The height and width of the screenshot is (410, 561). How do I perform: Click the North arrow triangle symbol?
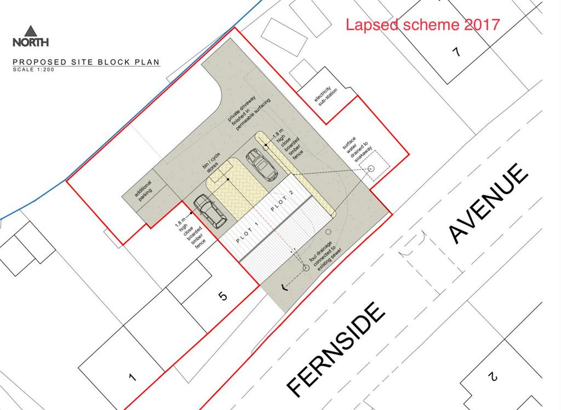(31, 31)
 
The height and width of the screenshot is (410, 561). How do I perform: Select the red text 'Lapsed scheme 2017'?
(422, 25)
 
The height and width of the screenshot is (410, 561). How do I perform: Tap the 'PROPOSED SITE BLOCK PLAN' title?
(86, 62)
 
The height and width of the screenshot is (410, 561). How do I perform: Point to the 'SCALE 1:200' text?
(33, 70)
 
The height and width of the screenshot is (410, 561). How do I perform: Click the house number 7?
(456, 52)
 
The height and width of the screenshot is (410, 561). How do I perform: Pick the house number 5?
(222, 296)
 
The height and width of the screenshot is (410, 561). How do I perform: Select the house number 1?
(133, 377)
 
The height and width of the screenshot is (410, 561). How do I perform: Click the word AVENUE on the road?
(488, 203)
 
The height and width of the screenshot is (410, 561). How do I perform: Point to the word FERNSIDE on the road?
(336, 350)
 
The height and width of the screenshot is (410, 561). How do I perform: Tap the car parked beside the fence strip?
(261, 165)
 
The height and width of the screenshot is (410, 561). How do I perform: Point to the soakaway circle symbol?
(371, 168)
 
